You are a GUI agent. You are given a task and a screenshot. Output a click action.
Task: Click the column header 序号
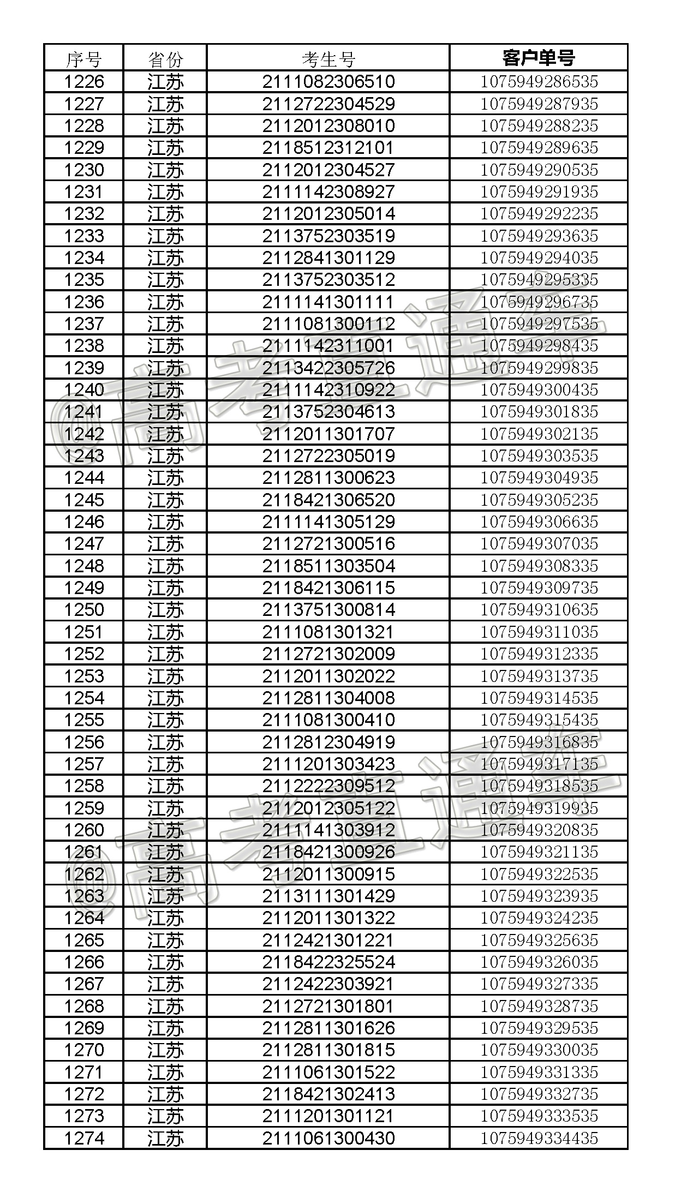click(83, 58)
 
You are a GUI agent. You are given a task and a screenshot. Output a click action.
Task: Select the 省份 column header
click(165, 58)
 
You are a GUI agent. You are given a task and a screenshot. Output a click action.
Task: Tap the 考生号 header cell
click(328, 58)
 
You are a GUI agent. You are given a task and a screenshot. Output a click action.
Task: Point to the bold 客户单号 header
click(539, 57)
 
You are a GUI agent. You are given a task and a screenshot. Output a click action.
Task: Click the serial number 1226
click(83, 82)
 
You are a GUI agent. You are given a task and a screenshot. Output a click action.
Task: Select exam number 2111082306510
click(328, 82)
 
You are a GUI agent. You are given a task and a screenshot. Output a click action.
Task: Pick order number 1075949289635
click(539, 148)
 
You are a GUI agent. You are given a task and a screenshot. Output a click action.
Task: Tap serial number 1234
click(83, 257)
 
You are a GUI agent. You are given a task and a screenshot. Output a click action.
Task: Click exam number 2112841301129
click(328, 257)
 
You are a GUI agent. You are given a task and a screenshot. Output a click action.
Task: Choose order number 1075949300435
click(539, 390)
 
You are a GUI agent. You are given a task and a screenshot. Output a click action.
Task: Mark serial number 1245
click(83, 500)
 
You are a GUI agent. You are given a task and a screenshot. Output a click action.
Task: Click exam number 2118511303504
click(328, 566)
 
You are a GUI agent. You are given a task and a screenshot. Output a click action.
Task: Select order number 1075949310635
click(539, 609)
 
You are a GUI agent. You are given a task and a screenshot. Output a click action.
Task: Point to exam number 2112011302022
click(328, 676)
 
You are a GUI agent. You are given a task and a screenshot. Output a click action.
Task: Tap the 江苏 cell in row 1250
click(165, 610)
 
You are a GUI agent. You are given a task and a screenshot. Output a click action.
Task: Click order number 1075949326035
click(539, 962)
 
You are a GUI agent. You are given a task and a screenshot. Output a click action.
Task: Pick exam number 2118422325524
click(328, 962)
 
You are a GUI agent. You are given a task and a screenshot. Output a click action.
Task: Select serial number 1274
click(83, 1138)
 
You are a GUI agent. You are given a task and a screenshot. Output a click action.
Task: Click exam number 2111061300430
click(328, 1138)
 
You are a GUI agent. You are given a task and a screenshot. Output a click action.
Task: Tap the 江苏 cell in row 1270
click(165, 1050)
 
